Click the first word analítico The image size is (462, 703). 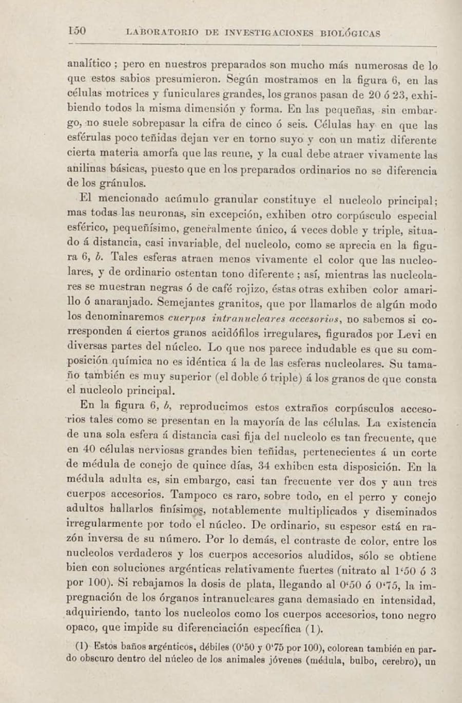pyautogui.click(x=89, y=65)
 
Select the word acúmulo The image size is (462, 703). pyautogui.click(x=187, y=199)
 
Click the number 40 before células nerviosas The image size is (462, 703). pyautogui.click(x=89, y=450)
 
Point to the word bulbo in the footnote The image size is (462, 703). pyautogui.click(x=363, y=660)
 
